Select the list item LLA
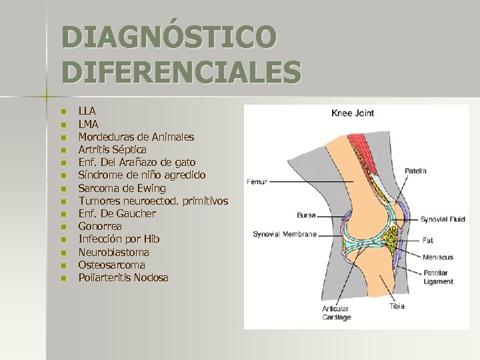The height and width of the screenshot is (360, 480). (87, 111)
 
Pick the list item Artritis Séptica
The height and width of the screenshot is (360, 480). (112, 149)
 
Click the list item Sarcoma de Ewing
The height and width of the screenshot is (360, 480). (122, 188)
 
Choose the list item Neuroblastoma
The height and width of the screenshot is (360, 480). (113, 252)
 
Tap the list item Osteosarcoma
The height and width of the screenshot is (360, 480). (111, 265)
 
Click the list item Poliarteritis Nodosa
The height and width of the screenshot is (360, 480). (123, 277)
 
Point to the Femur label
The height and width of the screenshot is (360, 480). (257, 181)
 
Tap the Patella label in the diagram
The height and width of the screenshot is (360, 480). (415, 171)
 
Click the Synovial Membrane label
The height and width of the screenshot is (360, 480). (284, 234)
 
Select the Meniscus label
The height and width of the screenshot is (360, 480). (437, 257)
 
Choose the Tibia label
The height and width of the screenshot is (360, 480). (397, 306)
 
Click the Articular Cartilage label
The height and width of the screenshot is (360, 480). (337, 313)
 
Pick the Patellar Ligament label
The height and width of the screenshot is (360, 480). (437, 277)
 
